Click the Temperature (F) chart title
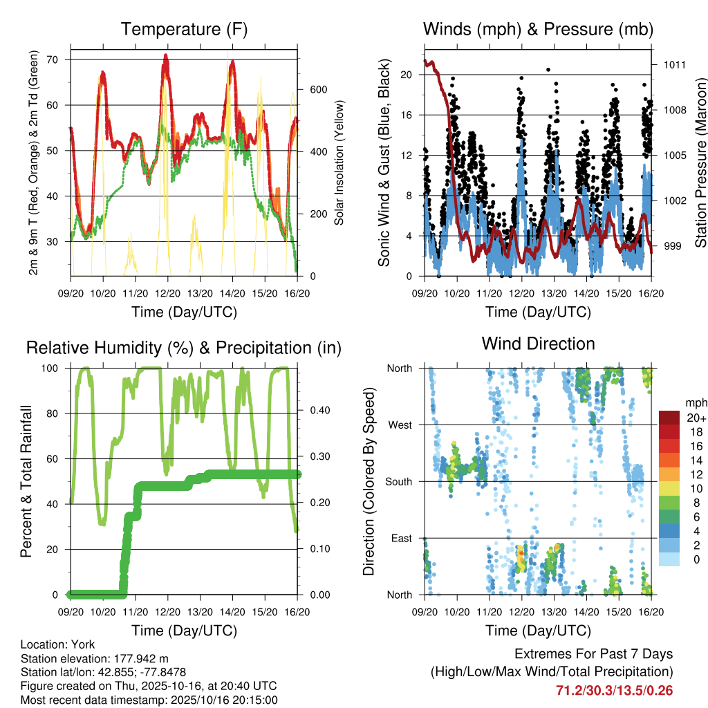pos(184,29)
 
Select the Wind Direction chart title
pos(538,344)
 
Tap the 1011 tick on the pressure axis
pos(675,65)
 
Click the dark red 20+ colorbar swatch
pos(669,418)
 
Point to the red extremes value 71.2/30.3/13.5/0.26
pos(614,690)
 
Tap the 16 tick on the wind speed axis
pos(407,115)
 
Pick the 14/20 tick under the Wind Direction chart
pos(586,612)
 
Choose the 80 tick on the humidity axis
pos(55,413)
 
